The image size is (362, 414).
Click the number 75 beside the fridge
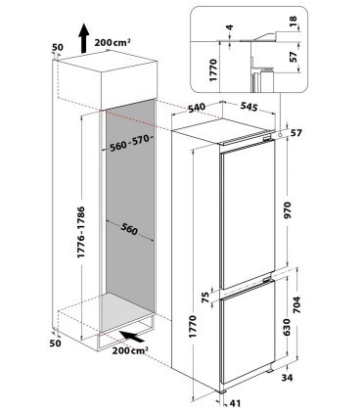tap(204, 296)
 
